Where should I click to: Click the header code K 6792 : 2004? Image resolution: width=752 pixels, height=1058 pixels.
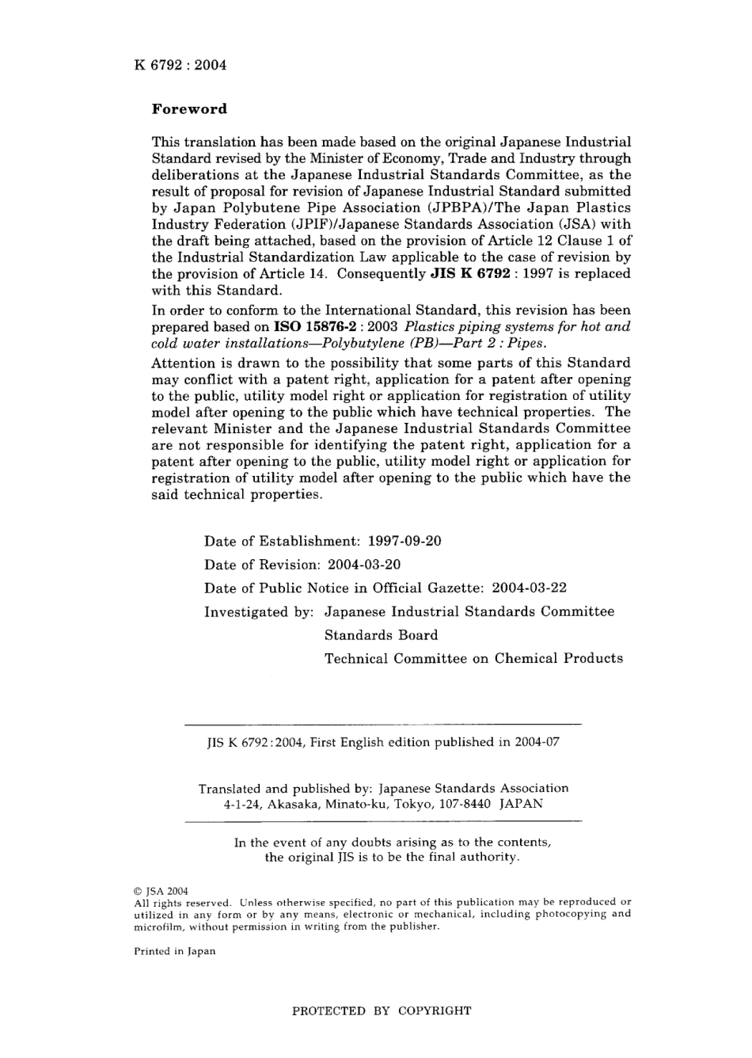180,65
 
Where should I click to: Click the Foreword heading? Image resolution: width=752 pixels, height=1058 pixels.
189,109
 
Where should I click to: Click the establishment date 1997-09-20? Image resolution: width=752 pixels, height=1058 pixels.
405,542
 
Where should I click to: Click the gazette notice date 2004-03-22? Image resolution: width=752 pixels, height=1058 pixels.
530,588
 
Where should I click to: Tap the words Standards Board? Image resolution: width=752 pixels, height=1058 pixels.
381,635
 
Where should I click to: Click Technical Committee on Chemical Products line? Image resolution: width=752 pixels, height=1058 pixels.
473,659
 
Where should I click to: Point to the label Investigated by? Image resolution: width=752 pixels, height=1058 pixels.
260,612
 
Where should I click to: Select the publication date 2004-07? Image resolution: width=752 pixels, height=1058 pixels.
538,743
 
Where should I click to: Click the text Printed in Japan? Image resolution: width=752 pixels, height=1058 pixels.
175,951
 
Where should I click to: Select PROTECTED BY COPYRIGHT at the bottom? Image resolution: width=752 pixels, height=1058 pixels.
382,1011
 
